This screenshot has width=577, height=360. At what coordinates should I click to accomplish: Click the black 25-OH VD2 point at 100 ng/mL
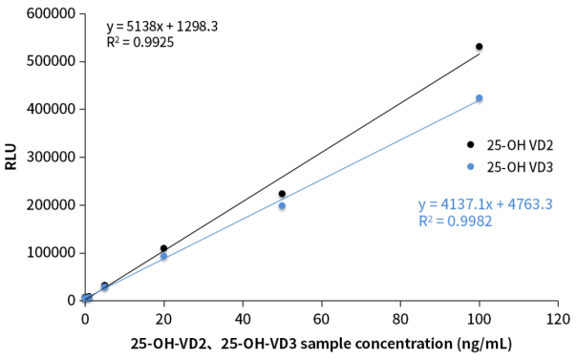[x=480, y=47]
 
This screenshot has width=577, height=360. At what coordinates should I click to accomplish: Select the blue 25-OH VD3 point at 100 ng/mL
[x=480, y=98]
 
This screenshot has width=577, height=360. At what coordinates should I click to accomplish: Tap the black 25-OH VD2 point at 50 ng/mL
[x=282, y=194]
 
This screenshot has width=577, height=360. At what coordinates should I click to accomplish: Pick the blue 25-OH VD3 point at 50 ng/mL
[x=282, y=206]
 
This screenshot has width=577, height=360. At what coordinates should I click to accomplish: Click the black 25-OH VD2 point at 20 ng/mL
[x=163, y=248]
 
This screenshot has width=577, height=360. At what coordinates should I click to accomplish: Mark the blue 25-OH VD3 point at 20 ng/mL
[x=163, y=256]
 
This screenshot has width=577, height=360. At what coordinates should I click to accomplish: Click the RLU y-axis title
[x=11, y=158]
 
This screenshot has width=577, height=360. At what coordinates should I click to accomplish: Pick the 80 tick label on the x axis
[x=400, y=318]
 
